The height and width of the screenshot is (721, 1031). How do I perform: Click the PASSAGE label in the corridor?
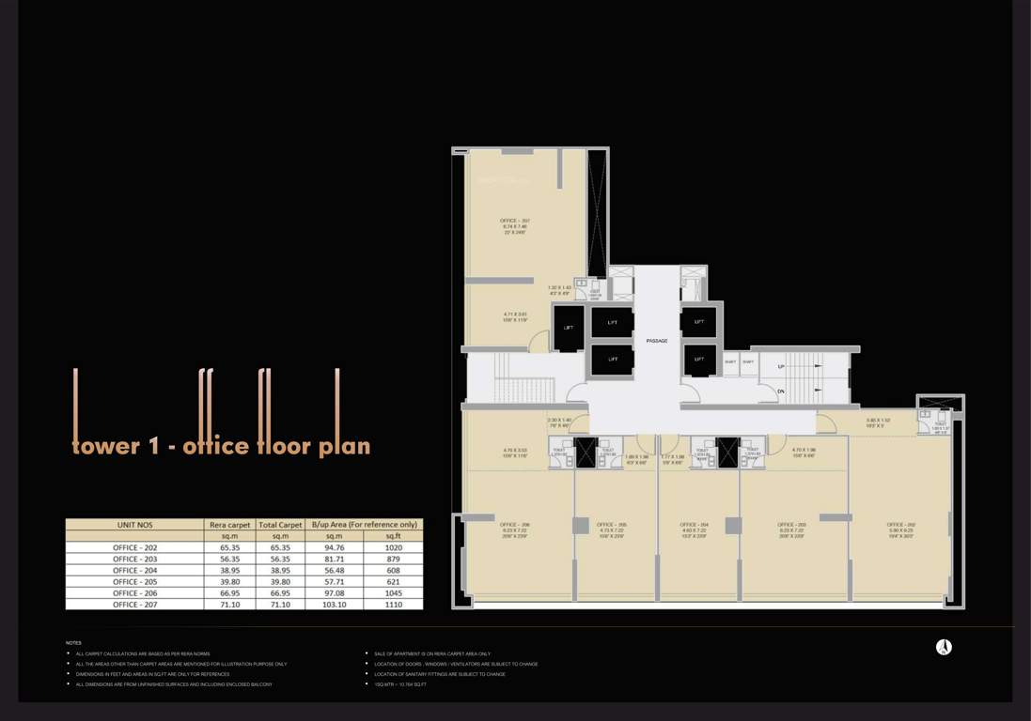[x=657, y=340]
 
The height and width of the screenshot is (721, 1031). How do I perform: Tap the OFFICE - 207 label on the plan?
[x=515, y=221]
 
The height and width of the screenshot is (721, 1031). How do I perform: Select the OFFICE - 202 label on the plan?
[x=899, y=525]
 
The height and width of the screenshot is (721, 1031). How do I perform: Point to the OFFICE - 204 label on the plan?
[x=696, y=525]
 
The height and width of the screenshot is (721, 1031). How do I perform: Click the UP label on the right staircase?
[x=780, y=366]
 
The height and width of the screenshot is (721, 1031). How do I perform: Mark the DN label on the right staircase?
[x=780, y=391]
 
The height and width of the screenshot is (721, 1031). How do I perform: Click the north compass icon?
[x=944, y=647]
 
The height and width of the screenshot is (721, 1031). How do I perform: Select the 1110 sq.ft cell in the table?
[x=393, y=606]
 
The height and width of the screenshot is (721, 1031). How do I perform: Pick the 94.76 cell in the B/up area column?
[x=335, y=546]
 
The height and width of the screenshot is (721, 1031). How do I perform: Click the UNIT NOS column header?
[x=134, y=525]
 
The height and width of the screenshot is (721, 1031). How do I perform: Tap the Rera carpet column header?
[x=228, y=525]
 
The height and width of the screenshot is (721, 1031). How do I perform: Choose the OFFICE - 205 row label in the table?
[x=134, y=582]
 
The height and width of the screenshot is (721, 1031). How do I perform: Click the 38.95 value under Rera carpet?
[x=228, y=570]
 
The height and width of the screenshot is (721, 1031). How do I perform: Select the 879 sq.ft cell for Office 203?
[x=393, y=559]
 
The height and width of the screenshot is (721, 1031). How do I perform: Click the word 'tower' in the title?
[x=105, y=446]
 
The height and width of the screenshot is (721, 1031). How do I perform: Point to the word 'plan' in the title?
[x=344, y=447]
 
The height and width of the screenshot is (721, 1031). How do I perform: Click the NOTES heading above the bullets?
[x=73, y=643]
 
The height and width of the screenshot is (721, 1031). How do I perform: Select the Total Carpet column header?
[x=280, y=525]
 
